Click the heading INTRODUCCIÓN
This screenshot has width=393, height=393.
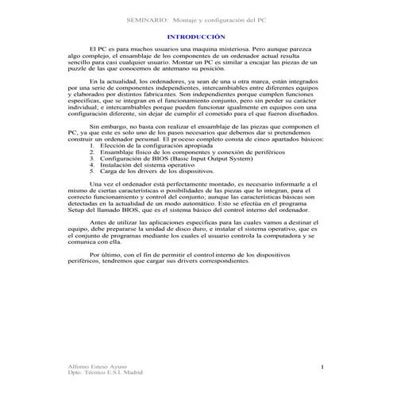(x=196, y=37)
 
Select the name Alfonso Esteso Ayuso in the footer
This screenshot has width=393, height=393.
(x=94, y=365)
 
